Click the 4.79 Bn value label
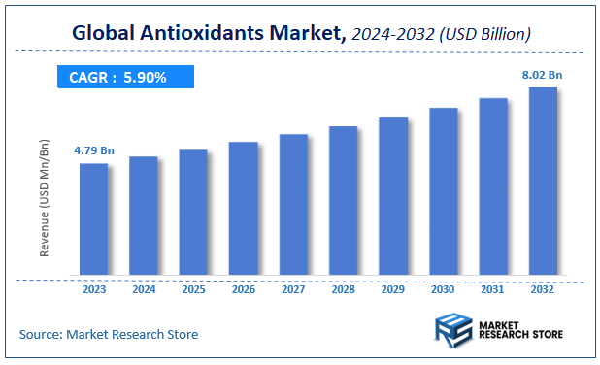coord(94,150)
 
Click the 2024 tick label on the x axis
coord(144,288)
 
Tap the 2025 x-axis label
coord(193,288)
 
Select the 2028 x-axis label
coord(344,288)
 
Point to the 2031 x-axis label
coord(493,288)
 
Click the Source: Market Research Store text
coord(108,334)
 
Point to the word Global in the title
coord(105,33)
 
